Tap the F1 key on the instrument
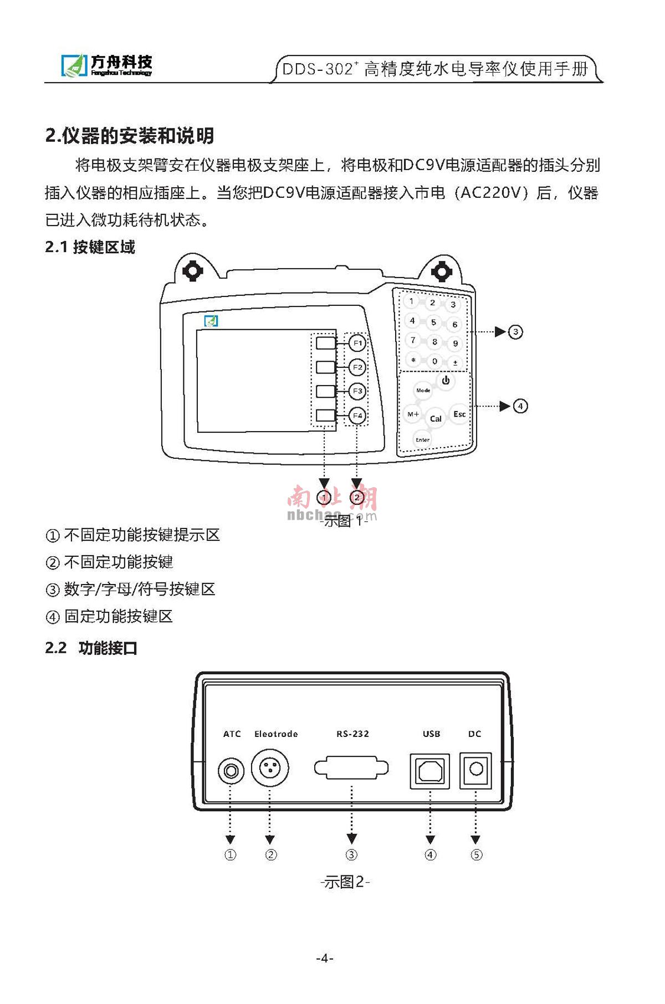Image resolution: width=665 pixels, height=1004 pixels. [357, 344]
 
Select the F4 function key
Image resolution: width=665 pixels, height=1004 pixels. [357, 416]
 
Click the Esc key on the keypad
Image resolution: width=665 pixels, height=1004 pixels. [459, 414]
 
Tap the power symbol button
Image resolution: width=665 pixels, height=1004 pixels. [446, 381]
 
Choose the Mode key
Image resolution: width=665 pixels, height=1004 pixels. [423, 391]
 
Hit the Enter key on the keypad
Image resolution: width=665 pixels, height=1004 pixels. [423, 439]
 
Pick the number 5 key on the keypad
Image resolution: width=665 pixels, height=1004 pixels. [433, 322]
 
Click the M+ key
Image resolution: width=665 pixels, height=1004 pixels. [413, 414]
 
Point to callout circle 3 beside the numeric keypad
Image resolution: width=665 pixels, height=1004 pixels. [515, 332]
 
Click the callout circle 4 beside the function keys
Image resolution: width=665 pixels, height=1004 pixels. [520, 406]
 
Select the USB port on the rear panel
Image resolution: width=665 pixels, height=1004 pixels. [430, 771]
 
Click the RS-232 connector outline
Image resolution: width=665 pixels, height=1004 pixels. [351, 769]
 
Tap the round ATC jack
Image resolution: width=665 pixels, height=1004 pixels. [231, 771]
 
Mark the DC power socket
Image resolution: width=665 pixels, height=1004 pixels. [476, 770]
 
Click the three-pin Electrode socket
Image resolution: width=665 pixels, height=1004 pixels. [270, 769]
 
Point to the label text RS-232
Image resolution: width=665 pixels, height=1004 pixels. [352, 734]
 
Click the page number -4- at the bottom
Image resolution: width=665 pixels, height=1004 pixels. [325, 958]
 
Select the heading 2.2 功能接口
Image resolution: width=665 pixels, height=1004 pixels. [91, 648]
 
